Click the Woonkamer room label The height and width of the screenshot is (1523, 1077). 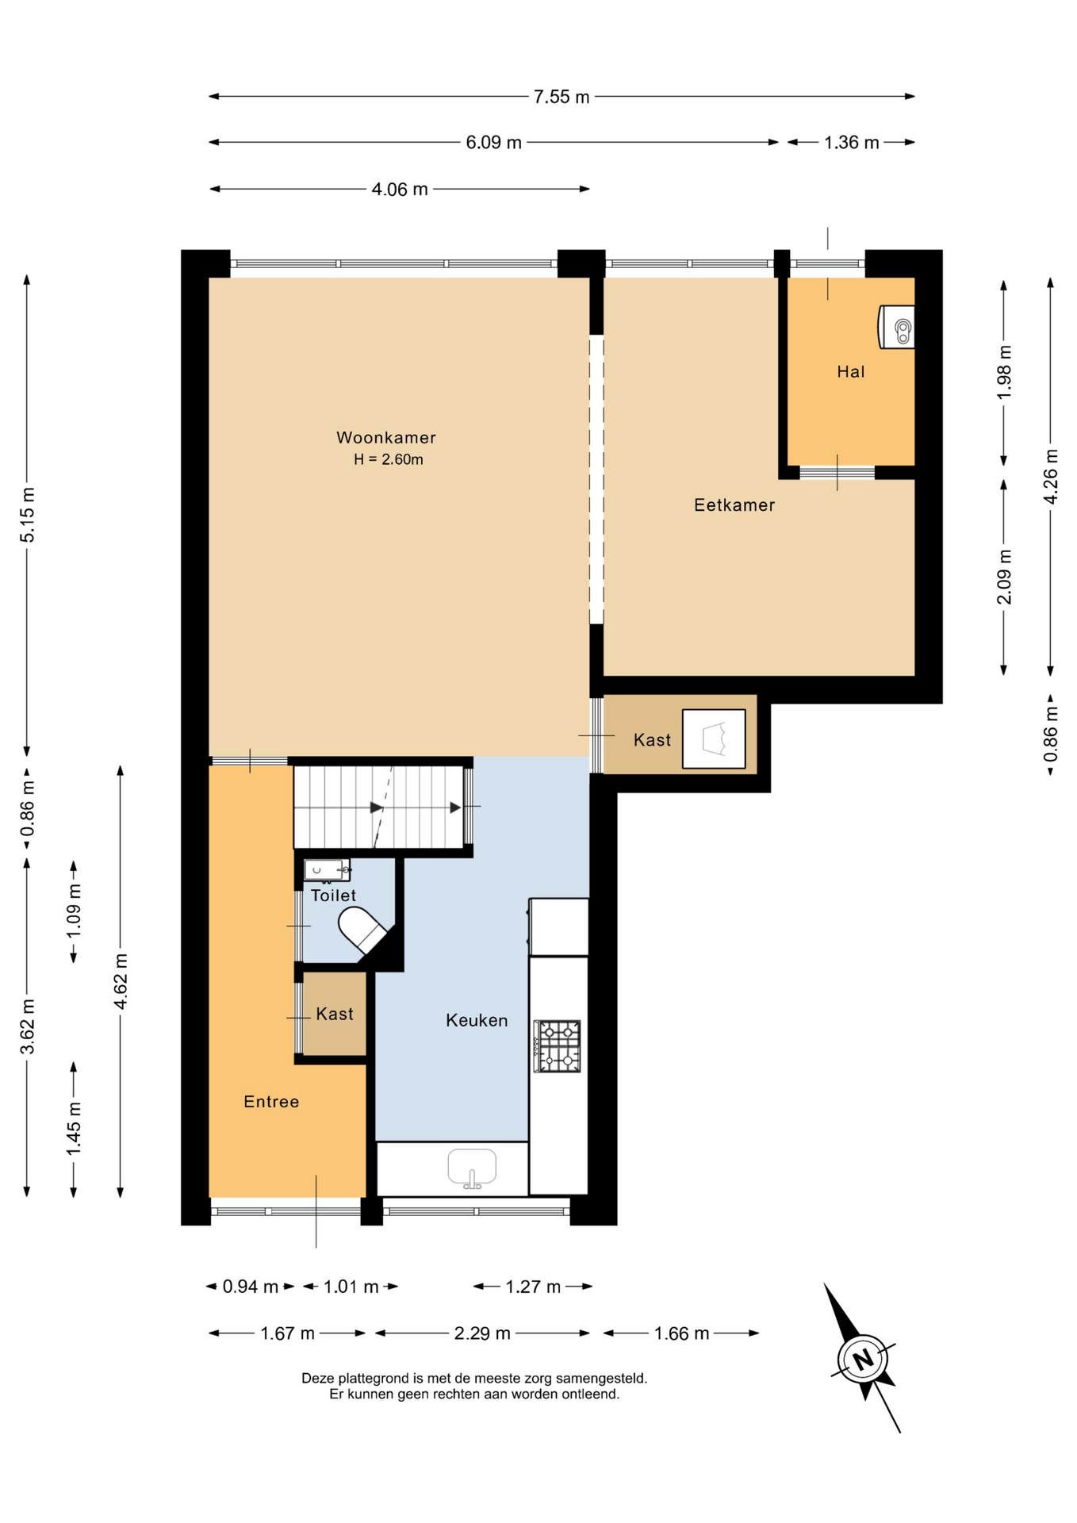point(386,437)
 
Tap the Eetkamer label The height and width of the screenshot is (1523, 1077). point(734,504)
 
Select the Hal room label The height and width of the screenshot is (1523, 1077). point(851,371)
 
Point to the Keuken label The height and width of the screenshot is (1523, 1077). point(477,1020)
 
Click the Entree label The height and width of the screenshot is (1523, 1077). point(271,1101)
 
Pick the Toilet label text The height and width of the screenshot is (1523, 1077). point(333,895)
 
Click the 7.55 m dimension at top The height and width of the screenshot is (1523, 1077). point(561,97)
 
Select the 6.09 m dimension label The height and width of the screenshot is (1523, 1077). point(493,143)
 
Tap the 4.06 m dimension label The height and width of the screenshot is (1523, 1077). point(400,190)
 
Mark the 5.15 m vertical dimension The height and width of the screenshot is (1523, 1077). point(28,516)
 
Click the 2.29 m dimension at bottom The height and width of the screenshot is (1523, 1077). point(482,1333)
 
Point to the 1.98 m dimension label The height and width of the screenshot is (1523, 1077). point(1004,373)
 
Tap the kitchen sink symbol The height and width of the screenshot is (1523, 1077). point(472,1168)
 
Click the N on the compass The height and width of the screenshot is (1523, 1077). point(863,1359)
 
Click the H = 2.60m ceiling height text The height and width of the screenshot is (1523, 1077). point(389,459)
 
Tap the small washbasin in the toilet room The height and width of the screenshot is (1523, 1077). point(327,870)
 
